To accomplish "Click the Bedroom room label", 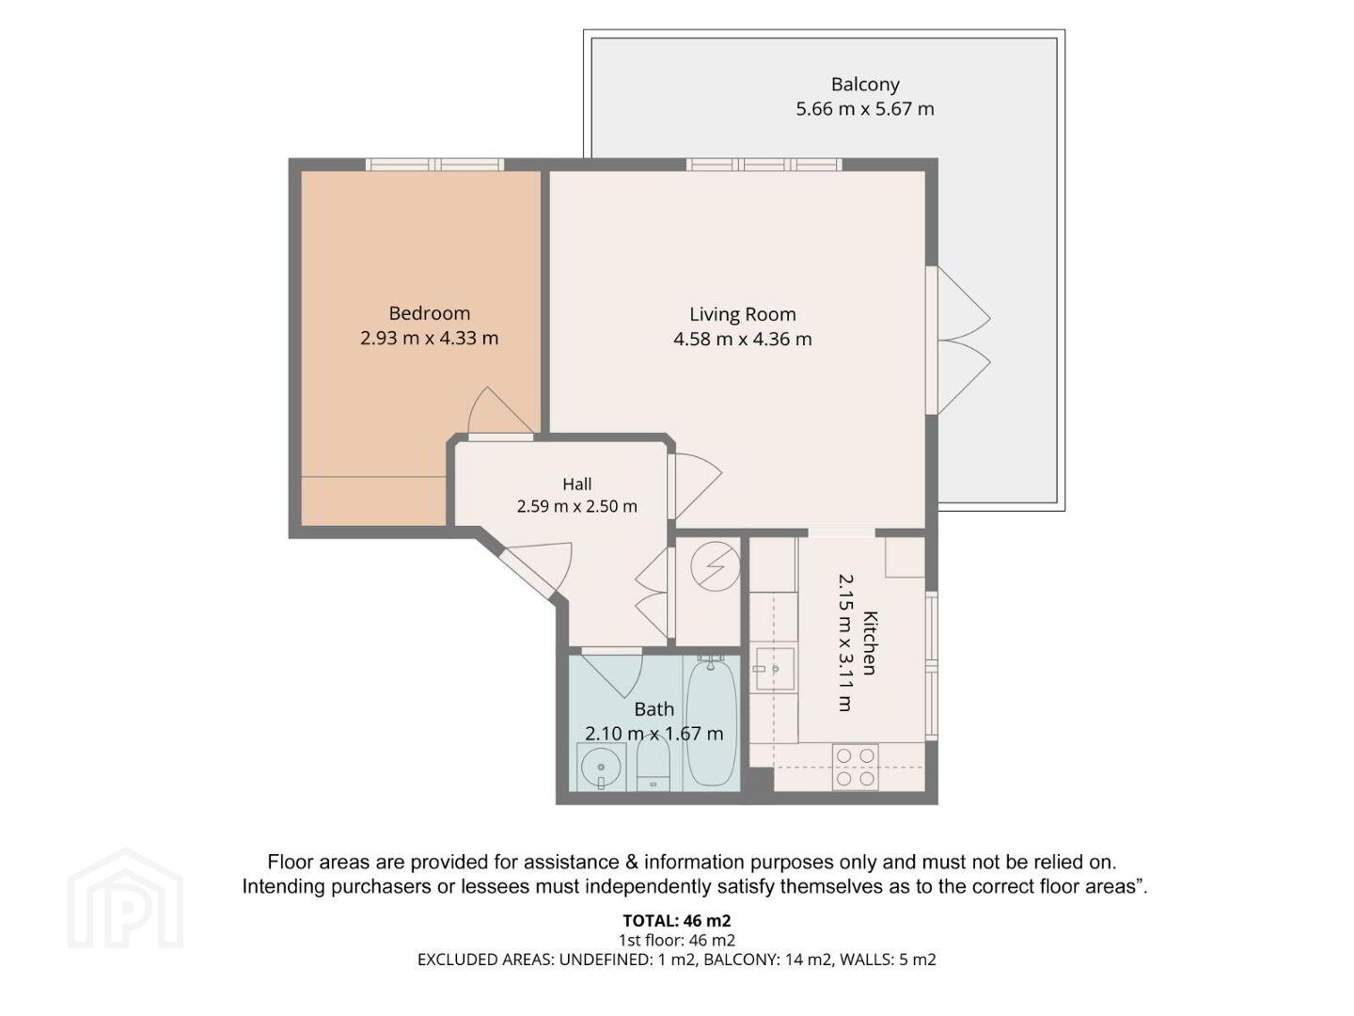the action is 429,313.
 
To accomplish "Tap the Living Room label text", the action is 742,314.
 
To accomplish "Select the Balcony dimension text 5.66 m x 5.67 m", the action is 864,109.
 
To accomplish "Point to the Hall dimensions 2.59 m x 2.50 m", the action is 576,506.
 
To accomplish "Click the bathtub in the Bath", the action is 711,722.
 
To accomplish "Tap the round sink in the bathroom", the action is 600,767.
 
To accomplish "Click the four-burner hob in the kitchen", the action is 855,767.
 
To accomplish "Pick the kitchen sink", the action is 776,669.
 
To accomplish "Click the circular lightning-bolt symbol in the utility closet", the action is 715,566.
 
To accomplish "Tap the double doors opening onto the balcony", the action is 958,340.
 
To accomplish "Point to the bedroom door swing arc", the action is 499,411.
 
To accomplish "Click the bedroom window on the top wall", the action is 434,165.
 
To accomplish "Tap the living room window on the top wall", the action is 764,165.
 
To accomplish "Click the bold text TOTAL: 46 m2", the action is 677,921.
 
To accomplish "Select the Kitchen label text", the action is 869,643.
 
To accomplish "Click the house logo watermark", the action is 125,897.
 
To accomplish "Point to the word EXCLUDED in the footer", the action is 456,960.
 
